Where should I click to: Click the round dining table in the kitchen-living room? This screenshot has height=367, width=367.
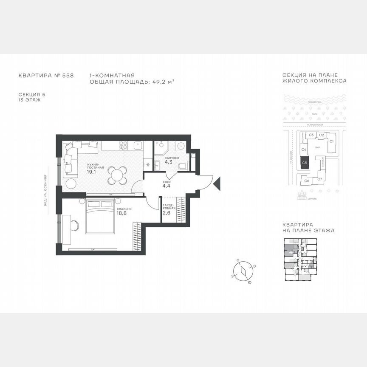point(117,175)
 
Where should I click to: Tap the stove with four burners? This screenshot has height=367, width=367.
point(123,145)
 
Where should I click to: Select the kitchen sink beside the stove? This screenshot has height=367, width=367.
point(138,146)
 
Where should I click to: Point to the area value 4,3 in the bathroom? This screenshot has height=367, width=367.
point(168,162)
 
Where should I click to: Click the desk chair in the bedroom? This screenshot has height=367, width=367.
point(74,225)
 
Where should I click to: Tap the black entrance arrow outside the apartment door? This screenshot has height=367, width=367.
point(217,183)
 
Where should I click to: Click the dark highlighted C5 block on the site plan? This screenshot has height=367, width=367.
point(305,162)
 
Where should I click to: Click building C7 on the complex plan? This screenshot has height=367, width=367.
point(319,179)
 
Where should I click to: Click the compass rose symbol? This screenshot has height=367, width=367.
point(243,270)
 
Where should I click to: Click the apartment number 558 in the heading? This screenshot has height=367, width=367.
point(68,75)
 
